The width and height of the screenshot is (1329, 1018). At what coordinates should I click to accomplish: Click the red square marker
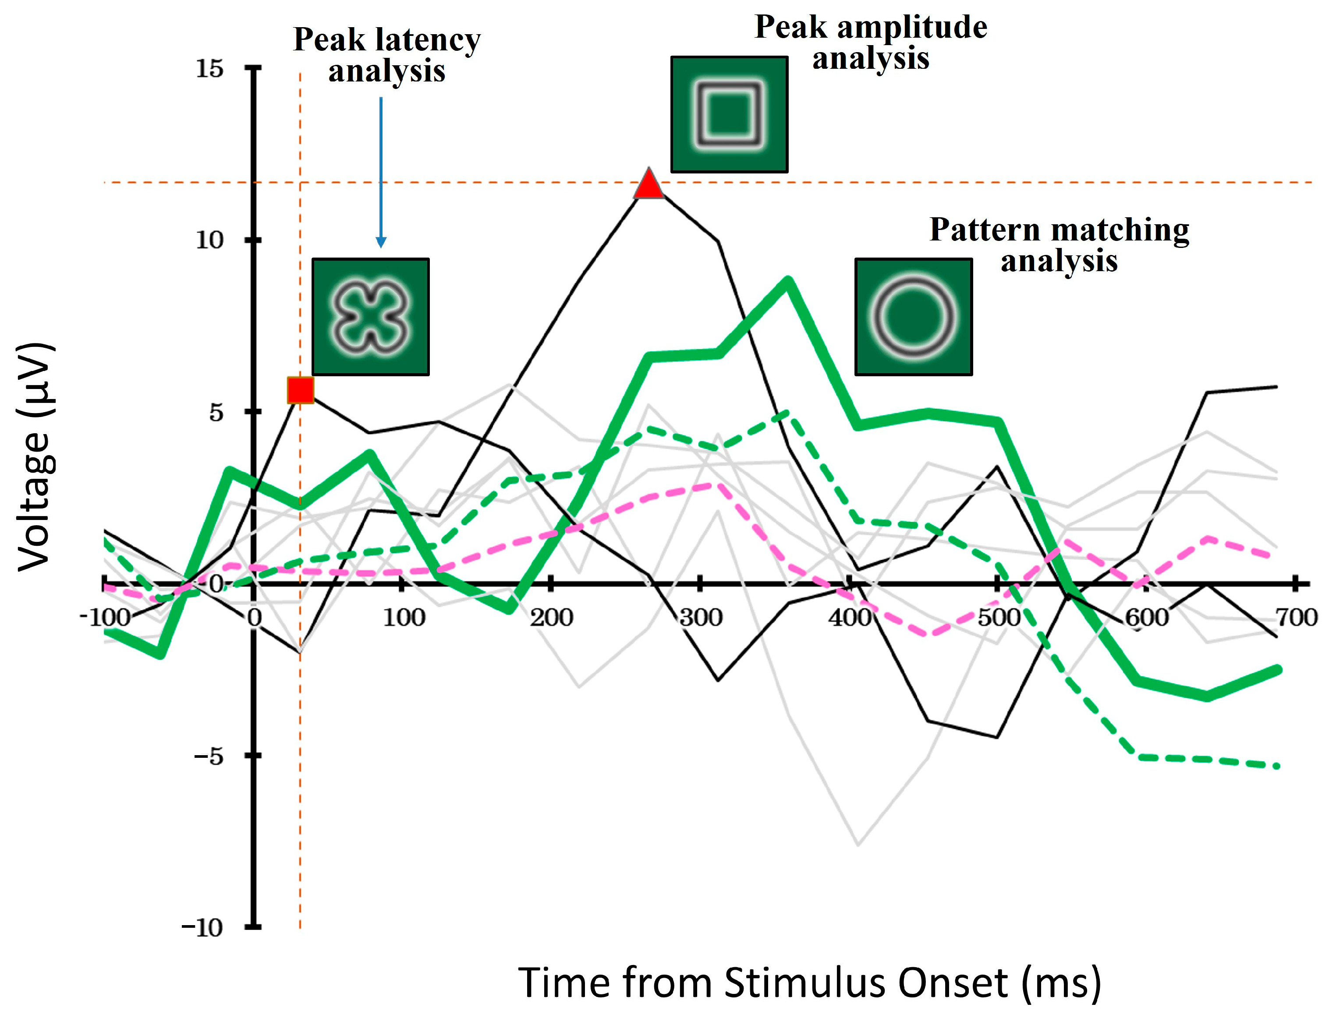pos(300,389)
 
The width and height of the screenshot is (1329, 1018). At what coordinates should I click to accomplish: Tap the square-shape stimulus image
pos(729,114)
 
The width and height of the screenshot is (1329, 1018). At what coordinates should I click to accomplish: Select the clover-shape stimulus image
pos(370,317)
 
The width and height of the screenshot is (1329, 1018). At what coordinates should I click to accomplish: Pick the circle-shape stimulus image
pos(913,317)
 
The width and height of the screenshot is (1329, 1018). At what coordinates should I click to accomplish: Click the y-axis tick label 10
pos(209,240)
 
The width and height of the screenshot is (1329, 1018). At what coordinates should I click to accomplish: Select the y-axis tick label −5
pos(209,756)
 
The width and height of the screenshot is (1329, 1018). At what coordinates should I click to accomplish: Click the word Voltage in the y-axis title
pos(35,500)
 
